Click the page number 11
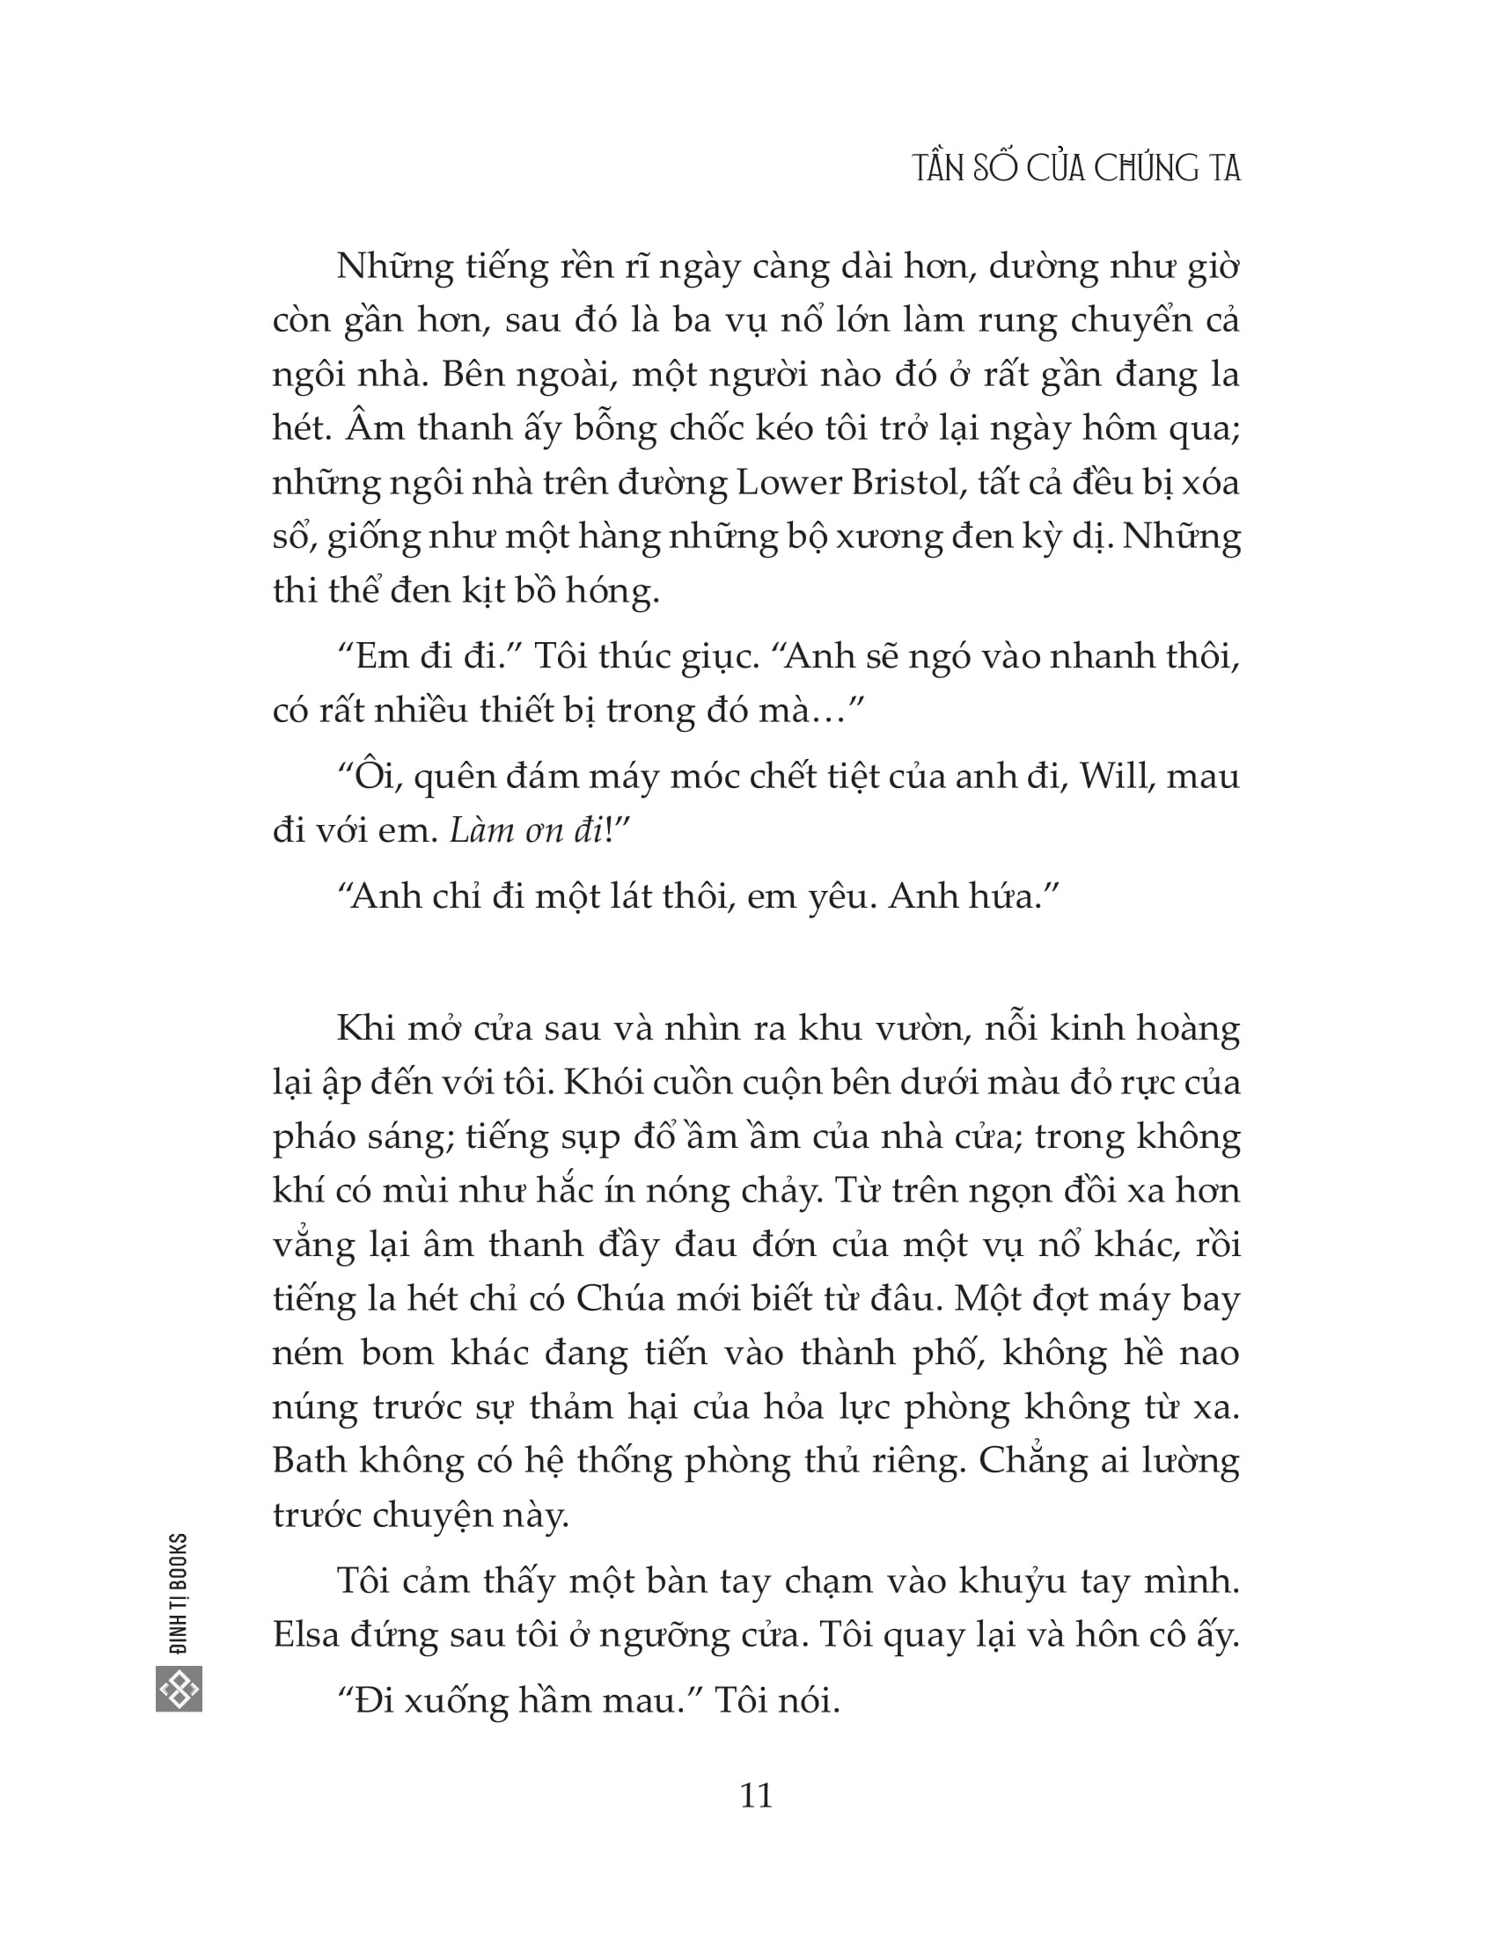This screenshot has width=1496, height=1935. [x=755, y=1796]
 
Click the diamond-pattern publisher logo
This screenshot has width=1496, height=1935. [x=179, y=1689]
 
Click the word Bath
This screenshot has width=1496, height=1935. [x=309, y=1461]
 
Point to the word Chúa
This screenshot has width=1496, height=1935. [x=620, y=1299]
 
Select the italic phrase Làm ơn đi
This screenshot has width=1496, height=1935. [x=526, y=831]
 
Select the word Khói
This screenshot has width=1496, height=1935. [x=597, y=1083]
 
